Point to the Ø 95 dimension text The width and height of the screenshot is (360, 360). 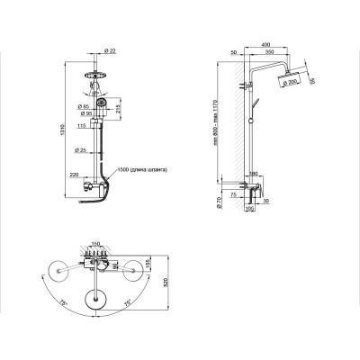pyautogui.click(x=82, y=115)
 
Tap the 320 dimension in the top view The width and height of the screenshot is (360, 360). pyautogui.click(x=165, y=283)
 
